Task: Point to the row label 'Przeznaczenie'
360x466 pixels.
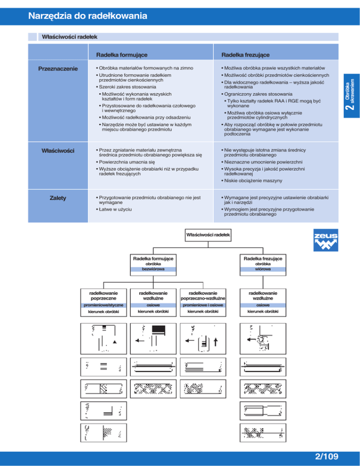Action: [58, 69]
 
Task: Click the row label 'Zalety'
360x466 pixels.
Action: [58, 198]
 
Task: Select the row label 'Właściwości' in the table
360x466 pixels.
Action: [59, 150]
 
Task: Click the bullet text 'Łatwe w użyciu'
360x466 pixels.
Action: [113, 209]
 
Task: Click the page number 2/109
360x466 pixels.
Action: [325, 456]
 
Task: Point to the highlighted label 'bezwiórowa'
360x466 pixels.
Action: [154, 270]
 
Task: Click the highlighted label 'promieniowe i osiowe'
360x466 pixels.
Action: [203, 305]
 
